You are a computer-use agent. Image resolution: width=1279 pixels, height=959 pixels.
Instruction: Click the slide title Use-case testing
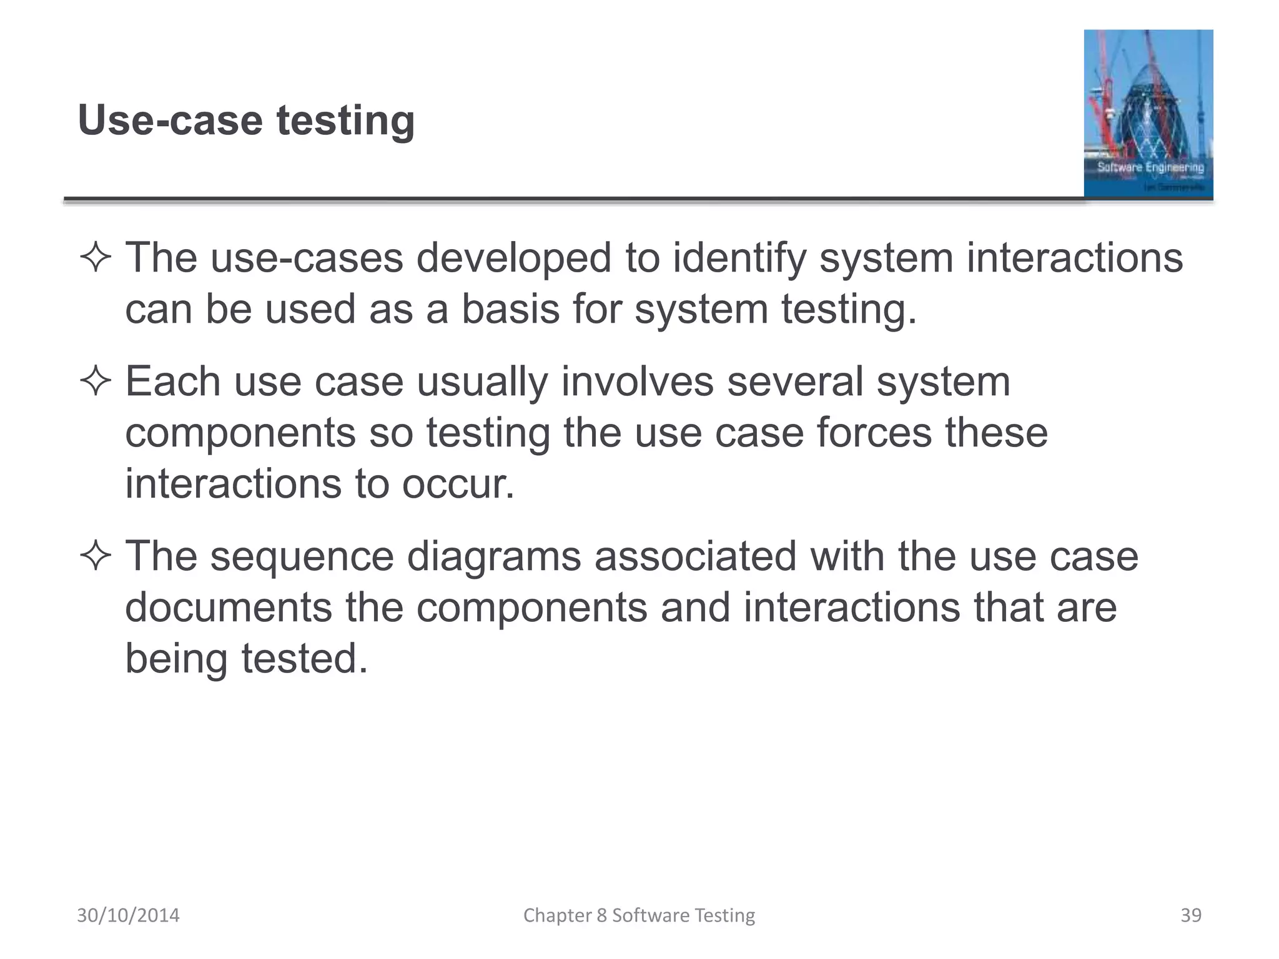246,120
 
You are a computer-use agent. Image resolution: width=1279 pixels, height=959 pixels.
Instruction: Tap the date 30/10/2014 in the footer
128,915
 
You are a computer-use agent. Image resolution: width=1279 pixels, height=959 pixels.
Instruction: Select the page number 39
1191,915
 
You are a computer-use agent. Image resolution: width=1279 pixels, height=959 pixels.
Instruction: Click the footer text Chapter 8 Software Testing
639,915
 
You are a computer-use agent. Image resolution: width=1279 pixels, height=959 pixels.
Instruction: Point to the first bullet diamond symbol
96,258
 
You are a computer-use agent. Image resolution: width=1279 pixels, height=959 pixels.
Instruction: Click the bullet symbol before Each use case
96,381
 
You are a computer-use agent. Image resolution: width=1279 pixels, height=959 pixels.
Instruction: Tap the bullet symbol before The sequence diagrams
96,556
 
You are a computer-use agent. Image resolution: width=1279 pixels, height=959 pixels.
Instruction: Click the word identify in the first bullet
739,258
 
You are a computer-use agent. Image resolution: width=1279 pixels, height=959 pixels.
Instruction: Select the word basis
510,309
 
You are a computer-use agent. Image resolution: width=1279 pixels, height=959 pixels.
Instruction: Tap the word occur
458,484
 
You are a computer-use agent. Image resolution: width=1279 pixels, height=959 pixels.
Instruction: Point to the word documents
229,607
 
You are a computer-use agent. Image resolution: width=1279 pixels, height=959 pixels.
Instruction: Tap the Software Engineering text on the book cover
1150,167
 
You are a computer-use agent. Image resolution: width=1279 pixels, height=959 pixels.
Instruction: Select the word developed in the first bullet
513,258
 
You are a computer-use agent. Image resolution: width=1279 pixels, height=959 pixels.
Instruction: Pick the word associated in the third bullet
695,556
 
